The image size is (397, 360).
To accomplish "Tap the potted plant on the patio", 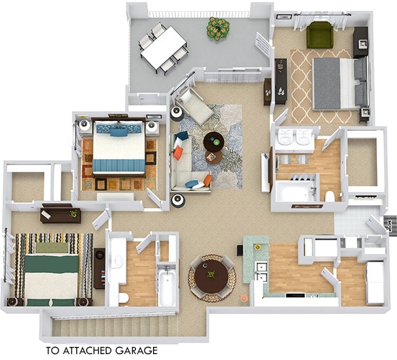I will click(218, 27).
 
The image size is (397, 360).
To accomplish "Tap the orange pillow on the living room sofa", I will click(178, 153).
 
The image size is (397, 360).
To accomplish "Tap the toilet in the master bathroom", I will click(330, 196).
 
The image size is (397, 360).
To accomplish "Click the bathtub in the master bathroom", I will click(295, 192).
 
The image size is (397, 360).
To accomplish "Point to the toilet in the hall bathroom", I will click(124, 297).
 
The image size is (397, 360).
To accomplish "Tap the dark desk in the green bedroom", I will click(60, 214).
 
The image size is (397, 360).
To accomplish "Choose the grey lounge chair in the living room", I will click(195, 105).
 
